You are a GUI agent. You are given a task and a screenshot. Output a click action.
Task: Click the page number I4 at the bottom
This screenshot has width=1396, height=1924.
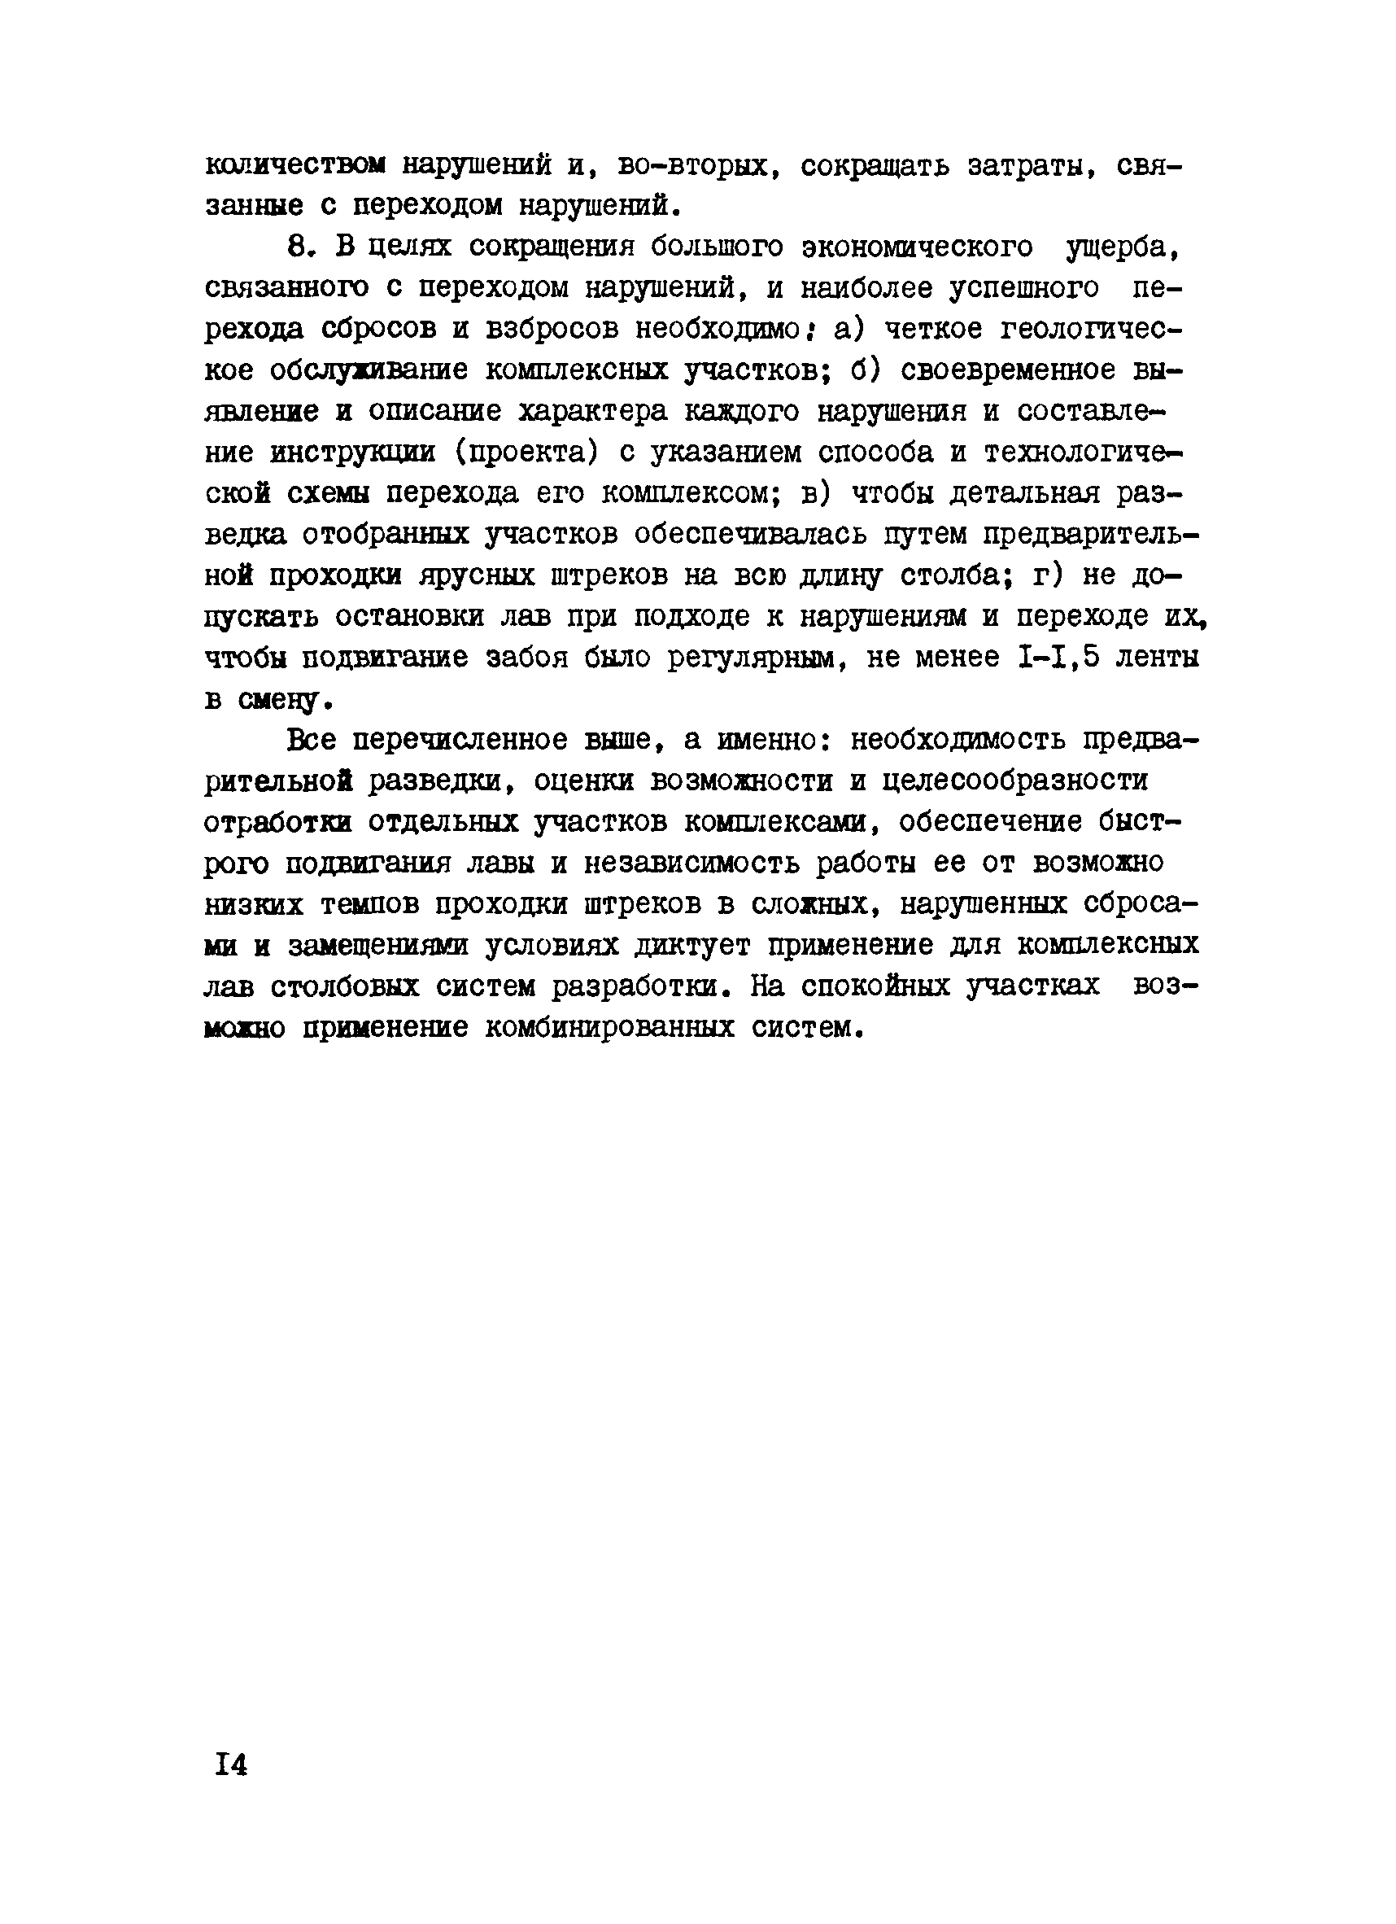[231, 1764]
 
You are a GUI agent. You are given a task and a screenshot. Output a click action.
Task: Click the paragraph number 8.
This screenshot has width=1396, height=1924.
[302, 247]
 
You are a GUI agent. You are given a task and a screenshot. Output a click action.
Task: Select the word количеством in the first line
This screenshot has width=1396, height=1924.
[295, 164]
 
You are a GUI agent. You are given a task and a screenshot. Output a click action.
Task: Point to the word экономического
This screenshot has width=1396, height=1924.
[918, 247]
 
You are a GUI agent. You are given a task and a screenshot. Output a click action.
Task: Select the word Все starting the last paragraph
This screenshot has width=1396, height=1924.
[312, 741]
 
